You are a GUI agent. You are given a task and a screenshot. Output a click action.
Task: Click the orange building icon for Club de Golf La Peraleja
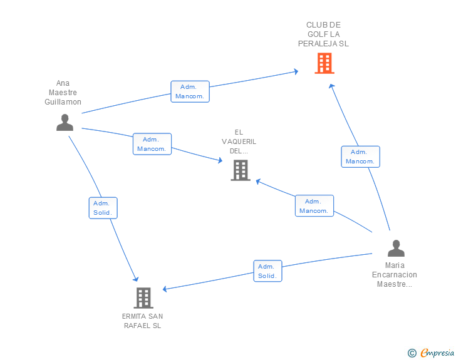[324, 63]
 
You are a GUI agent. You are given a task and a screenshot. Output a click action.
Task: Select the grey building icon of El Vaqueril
[241, 170]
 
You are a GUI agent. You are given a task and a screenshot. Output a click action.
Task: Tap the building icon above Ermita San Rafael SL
[143, 297]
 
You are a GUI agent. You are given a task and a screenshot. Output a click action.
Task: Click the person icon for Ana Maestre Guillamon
[65, 123]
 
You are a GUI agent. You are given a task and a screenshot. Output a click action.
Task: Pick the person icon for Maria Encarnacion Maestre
[396, 249]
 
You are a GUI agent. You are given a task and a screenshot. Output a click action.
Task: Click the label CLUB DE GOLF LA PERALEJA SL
[323, 34]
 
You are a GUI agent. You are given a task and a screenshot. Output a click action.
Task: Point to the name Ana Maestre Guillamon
[63, 93]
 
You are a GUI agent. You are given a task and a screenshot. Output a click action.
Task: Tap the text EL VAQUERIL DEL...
[239, 141]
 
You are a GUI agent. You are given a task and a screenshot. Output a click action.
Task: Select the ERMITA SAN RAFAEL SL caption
[143, 321]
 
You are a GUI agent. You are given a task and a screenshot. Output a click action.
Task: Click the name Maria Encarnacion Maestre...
[395, 275]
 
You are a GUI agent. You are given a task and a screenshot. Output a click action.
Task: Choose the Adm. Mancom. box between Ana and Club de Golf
[190, 91]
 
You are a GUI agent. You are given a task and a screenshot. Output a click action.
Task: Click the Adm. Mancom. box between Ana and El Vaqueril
[152, 144]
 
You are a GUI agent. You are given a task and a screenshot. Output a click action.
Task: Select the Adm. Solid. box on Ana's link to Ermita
[102, 208]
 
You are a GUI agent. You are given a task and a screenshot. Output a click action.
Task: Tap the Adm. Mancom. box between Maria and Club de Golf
[360, 157]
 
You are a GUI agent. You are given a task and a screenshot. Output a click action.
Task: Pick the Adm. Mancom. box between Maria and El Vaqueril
[314, 206]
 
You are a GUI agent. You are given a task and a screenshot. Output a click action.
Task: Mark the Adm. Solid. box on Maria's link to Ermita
[267, 271]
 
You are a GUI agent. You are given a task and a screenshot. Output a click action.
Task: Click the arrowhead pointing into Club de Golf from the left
[295, 72]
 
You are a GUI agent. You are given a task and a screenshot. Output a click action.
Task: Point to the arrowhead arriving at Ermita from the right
[165, 289]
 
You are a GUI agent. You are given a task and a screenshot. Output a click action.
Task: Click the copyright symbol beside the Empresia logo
[412, 353]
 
